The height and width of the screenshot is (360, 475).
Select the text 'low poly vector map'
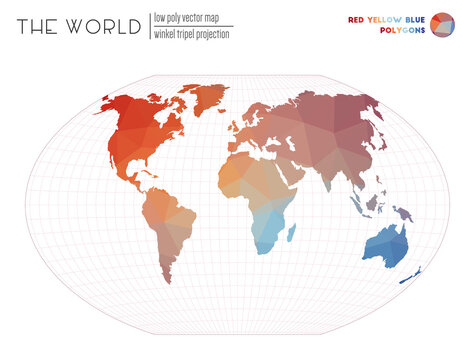189,18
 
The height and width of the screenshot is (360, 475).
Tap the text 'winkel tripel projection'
192,34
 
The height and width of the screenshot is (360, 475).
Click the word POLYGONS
401,31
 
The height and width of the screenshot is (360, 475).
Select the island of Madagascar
291,233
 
